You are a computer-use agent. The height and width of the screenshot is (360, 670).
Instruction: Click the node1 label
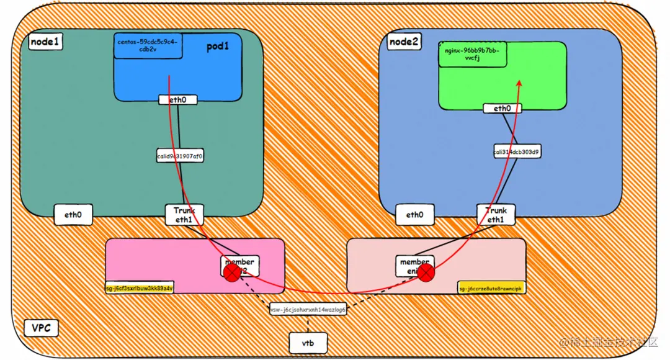point(45,43)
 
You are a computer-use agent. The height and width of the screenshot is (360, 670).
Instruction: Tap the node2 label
point(404,42)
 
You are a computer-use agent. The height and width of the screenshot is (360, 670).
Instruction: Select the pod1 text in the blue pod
point(218,47)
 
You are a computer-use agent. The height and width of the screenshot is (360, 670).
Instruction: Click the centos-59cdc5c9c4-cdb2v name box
point(148,45)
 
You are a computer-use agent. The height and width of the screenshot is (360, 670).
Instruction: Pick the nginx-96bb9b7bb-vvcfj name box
point(472,54)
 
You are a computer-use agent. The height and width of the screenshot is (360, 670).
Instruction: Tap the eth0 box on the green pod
point(502,109)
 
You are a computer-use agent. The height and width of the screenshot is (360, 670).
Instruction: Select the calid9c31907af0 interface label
point(180,156)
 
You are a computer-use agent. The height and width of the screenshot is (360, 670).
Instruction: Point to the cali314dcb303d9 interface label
point(516,151)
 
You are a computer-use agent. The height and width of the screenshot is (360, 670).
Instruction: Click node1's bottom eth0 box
point(73,215)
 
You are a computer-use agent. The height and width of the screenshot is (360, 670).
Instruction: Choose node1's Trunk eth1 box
point(184,215)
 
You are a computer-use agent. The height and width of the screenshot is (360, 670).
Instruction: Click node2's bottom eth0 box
point(414,215)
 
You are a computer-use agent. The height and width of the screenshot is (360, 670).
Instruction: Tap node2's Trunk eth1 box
point(496,215)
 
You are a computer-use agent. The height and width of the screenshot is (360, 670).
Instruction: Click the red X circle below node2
point(426,272)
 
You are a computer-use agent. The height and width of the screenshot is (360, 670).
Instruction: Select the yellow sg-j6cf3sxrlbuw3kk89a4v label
point(140,288)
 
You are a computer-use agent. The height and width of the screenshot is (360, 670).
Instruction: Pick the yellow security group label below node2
point(491,288)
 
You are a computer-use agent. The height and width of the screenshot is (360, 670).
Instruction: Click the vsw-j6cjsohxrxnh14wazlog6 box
point(308,310)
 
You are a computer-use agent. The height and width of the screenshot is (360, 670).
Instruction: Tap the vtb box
point(308,343)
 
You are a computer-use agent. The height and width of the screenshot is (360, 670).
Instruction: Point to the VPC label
point(41,328)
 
